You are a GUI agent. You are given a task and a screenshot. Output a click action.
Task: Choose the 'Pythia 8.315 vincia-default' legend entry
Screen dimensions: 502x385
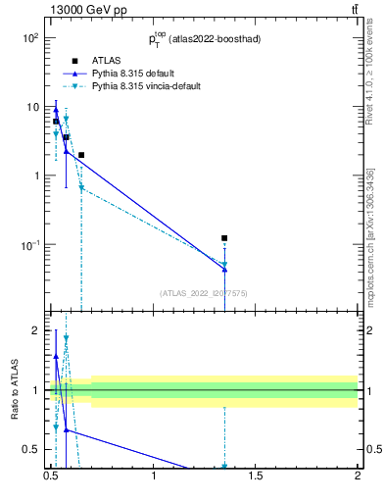[147, 86]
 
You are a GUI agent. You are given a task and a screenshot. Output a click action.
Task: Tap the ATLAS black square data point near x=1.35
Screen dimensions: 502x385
[224, 238]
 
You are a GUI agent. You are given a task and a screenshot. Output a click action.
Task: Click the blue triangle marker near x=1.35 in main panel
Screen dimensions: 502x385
[224, 269]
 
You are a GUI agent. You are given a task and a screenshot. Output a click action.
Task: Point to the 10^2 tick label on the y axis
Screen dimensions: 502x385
[30, 38]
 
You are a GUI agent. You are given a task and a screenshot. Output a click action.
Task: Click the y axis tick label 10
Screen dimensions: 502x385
[32, 107]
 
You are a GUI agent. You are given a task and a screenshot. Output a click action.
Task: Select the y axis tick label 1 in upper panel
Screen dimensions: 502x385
[35, 176]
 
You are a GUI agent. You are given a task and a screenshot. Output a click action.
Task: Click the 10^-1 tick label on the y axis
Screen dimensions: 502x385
[30, 244]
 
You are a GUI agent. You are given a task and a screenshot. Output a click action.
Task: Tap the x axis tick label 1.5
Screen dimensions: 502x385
[256, 477]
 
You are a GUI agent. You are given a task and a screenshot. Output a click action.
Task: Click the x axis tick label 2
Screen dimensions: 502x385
[358, 477]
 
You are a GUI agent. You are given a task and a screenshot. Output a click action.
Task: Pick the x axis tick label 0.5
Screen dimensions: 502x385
[52, 477]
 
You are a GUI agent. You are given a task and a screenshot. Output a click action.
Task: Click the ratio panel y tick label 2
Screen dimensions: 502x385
[35, 330]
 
